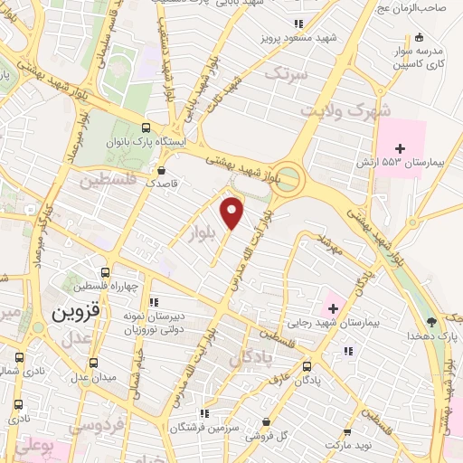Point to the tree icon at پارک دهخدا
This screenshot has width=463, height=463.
(432, 321)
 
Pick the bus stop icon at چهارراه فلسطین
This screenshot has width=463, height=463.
(107, 272)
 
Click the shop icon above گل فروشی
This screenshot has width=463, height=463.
(266, 421)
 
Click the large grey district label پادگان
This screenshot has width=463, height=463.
(250, 358)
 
